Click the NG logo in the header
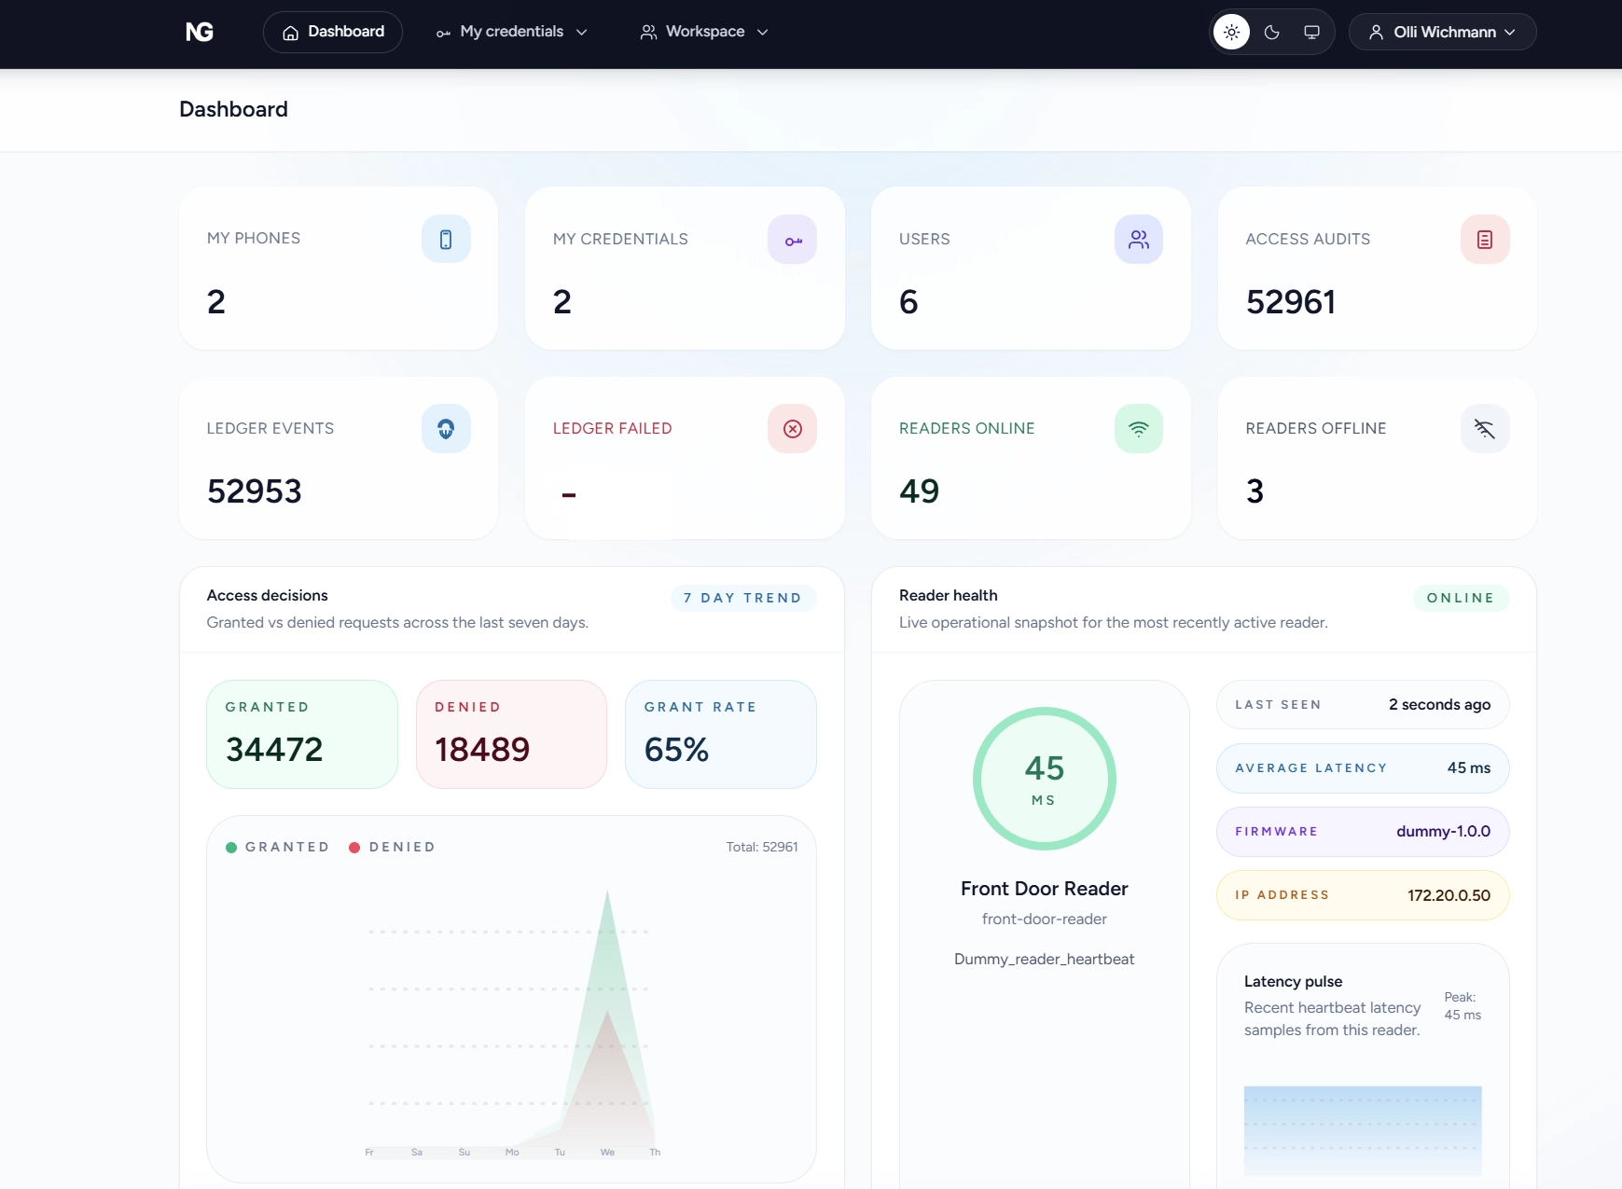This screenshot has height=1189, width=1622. click(200, 32)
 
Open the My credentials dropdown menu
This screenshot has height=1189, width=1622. click(512, 32)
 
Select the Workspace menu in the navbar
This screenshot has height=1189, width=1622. click(704, 32)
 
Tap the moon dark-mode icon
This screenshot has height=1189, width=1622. click(1271, 33)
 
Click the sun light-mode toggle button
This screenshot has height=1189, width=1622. click(1231, 33)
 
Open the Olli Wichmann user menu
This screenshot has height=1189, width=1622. click(1442, 33)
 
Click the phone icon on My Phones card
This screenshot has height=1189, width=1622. click(446, 240)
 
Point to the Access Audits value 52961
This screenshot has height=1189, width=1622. click(1290, 302)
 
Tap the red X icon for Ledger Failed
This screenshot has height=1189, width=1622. click(792, 429)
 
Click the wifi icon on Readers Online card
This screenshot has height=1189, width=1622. click(1138, 429)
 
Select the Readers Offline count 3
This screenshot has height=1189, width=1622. click(1255, 491)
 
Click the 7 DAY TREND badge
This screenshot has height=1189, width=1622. click(742, 598)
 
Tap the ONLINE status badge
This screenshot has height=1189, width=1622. click(1460, 598)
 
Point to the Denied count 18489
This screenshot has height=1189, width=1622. click(482, 750)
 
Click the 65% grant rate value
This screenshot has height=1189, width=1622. click(676, 750)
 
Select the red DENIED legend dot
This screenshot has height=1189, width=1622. click(354, 848)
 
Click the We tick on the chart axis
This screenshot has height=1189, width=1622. click(607, 1153)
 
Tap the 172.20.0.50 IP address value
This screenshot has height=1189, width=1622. click(1449, 895)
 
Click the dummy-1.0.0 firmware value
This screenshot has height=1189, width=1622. click(1443, 832)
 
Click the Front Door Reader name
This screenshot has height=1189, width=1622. click(1044, 889)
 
